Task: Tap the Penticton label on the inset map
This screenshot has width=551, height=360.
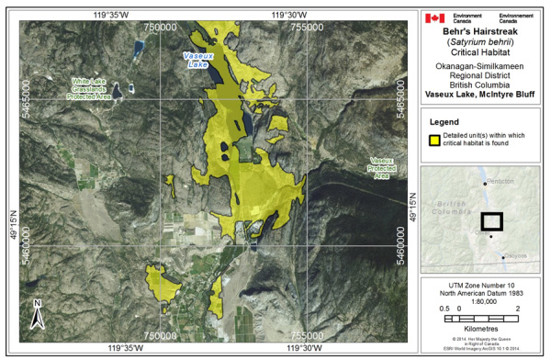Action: (x=500, y=182)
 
